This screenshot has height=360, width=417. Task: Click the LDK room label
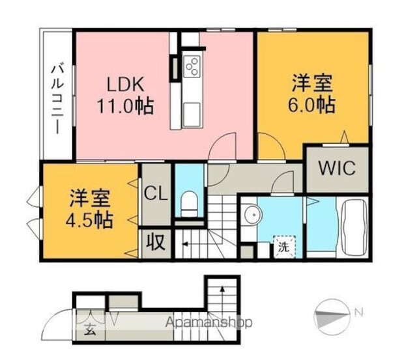tap(124, 85)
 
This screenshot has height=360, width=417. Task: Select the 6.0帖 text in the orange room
tap(313, 105)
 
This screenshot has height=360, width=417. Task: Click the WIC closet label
tap(337, 168)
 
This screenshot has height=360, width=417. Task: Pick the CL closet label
tap(156, 193)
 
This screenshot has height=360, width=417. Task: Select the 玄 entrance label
tap(89, 329)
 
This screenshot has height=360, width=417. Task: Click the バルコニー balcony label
tap(57, 98)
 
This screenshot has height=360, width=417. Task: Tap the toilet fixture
tap(189, 203)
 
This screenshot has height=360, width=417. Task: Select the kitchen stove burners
tap(192, 66)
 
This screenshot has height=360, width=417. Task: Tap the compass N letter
tap(358, 312)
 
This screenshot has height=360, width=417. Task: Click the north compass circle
tap(332, 316)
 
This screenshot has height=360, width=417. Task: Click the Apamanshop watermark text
tap(208, 322)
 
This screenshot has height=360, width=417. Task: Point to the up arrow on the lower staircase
tap(222, 288)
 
